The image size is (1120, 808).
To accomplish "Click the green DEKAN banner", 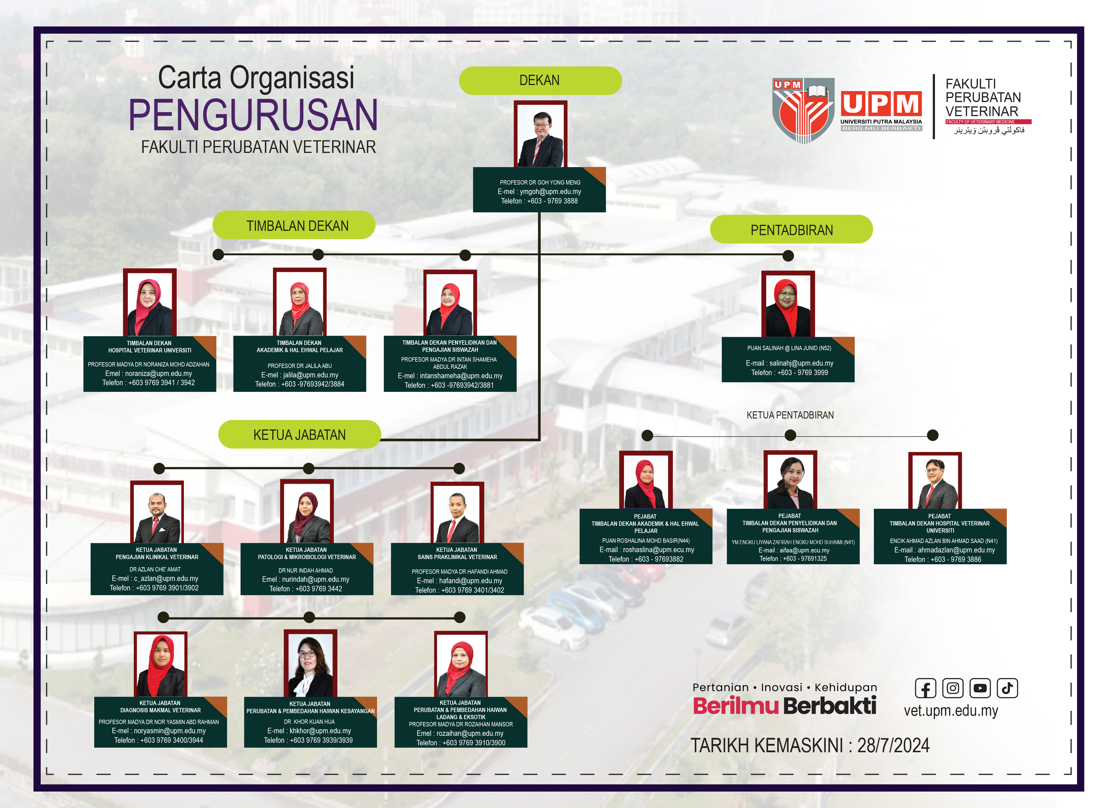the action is [540, 80].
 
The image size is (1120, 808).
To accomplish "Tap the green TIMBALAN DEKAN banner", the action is [294, 225].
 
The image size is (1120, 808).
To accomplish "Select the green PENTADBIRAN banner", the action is [791, 230].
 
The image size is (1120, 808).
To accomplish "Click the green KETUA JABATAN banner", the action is [300, 435].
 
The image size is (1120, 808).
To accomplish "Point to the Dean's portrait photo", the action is [540, 134].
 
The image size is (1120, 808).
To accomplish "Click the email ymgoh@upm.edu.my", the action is [539, 192].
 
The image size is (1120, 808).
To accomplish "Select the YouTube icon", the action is [980, 688].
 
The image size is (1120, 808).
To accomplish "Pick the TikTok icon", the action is [1007, 688].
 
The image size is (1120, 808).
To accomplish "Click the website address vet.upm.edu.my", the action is [951, 711].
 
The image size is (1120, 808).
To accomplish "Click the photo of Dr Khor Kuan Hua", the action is [310, 663].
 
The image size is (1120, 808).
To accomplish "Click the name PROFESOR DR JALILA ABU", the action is [300, 366].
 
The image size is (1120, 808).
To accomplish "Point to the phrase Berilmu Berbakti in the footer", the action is [785, 706].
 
